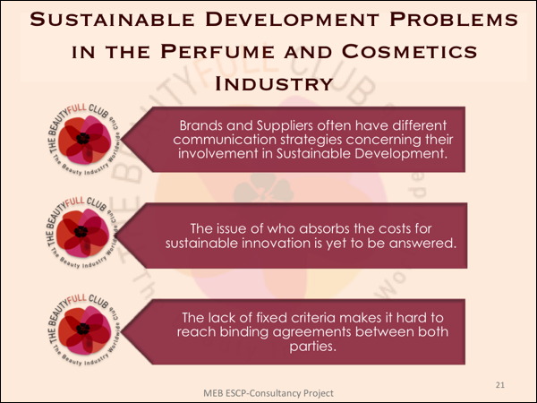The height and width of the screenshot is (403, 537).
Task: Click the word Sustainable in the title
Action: [113, 19]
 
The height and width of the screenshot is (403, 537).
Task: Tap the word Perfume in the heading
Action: [217, 52]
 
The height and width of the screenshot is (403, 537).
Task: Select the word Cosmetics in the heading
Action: [409, 52]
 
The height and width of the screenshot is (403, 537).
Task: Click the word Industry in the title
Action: [274, 84]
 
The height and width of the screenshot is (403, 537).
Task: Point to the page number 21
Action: [500, 385]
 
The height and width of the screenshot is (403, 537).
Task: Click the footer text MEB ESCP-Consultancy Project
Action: [268, 393]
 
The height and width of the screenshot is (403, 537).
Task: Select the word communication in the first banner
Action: [225, 140]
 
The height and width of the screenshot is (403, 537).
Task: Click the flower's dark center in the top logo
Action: [83, 139]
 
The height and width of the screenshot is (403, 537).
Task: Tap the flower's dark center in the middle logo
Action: [81, 232]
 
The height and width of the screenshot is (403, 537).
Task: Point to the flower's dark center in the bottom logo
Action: [83, 329]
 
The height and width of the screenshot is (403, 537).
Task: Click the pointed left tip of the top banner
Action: [122, 140]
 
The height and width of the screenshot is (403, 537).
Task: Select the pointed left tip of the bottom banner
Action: [122, 331]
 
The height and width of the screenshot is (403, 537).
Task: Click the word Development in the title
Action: [292, 19]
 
